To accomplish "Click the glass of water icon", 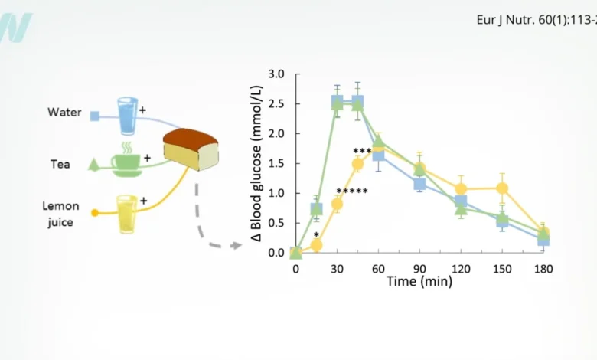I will (x=126, y=111).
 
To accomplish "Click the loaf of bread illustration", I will (x=191, y=149).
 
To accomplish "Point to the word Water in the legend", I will (x=64, y=113).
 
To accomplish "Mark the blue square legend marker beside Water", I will (x=95, y=116).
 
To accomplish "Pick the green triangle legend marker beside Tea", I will (x=93, y=163).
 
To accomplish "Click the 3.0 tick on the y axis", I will (x=276, y=74).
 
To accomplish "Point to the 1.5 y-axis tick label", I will (x=276, y=163).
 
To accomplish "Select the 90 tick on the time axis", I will (x=419, y=268).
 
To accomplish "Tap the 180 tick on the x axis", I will (x=543, y=268).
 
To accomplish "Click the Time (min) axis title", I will (x=419, y=282).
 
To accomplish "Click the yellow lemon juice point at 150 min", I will (x=502, y=188).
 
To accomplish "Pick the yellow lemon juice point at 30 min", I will (x=337, y=204).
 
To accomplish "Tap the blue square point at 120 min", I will (x=461, y=201).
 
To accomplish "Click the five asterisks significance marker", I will (x=352, y=191).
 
